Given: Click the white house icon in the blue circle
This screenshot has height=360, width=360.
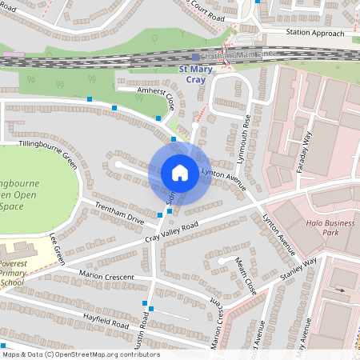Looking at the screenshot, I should coord(179,173).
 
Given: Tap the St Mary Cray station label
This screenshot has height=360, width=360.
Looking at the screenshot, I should coord(195,75).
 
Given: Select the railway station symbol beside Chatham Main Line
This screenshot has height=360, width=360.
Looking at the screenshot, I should coord(195,57).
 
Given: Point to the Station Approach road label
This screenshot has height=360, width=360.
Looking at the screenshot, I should coord(315,34).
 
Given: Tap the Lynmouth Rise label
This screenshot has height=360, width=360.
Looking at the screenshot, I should coord(249,128).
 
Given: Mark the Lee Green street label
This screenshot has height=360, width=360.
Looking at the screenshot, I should coord(57,249).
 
